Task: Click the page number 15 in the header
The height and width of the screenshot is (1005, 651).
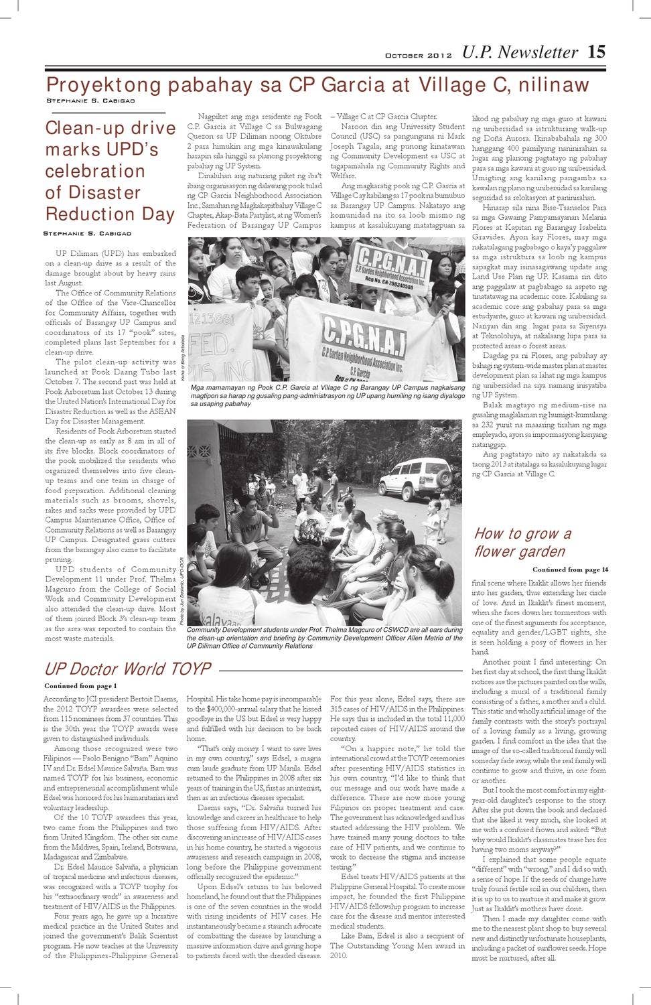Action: [x=596, y=52]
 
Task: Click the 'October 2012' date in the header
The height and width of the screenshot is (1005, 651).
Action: [x=418, y=56]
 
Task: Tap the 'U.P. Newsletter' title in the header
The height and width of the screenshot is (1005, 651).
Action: [x=520, y=52]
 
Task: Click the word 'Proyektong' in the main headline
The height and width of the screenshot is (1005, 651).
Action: [x=104, y=85]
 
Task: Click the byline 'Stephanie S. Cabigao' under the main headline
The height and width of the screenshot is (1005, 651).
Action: [x=90, y=100]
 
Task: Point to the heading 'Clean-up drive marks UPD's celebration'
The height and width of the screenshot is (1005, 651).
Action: [x=111, y=171]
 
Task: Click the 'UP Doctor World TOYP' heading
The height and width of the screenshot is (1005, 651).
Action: [x=127, y=669]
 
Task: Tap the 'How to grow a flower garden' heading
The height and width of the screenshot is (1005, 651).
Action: [x=522, y=542]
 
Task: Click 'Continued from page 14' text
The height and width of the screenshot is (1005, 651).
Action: [x=570, y=569]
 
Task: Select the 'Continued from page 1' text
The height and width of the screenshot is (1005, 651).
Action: [x=80, y=685]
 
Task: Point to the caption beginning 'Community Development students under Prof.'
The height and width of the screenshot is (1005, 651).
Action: [x=325, y=638]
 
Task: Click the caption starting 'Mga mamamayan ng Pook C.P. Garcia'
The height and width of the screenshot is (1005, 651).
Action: [x=327, y=395]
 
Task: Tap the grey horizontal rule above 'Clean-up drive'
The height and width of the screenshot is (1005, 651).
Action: [x=105, y=113]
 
